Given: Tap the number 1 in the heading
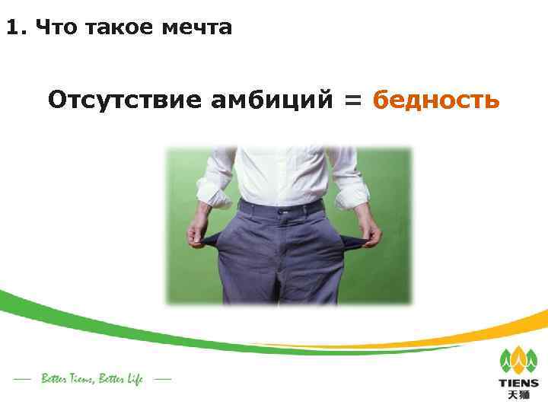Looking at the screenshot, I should coord(11,28).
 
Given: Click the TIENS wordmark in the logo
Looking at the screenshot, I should coord(518,383).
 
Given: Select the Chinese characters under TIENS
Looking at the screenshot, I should coord(518,395).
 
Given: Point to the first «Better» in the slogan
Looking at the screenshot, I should coord(56,378).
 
